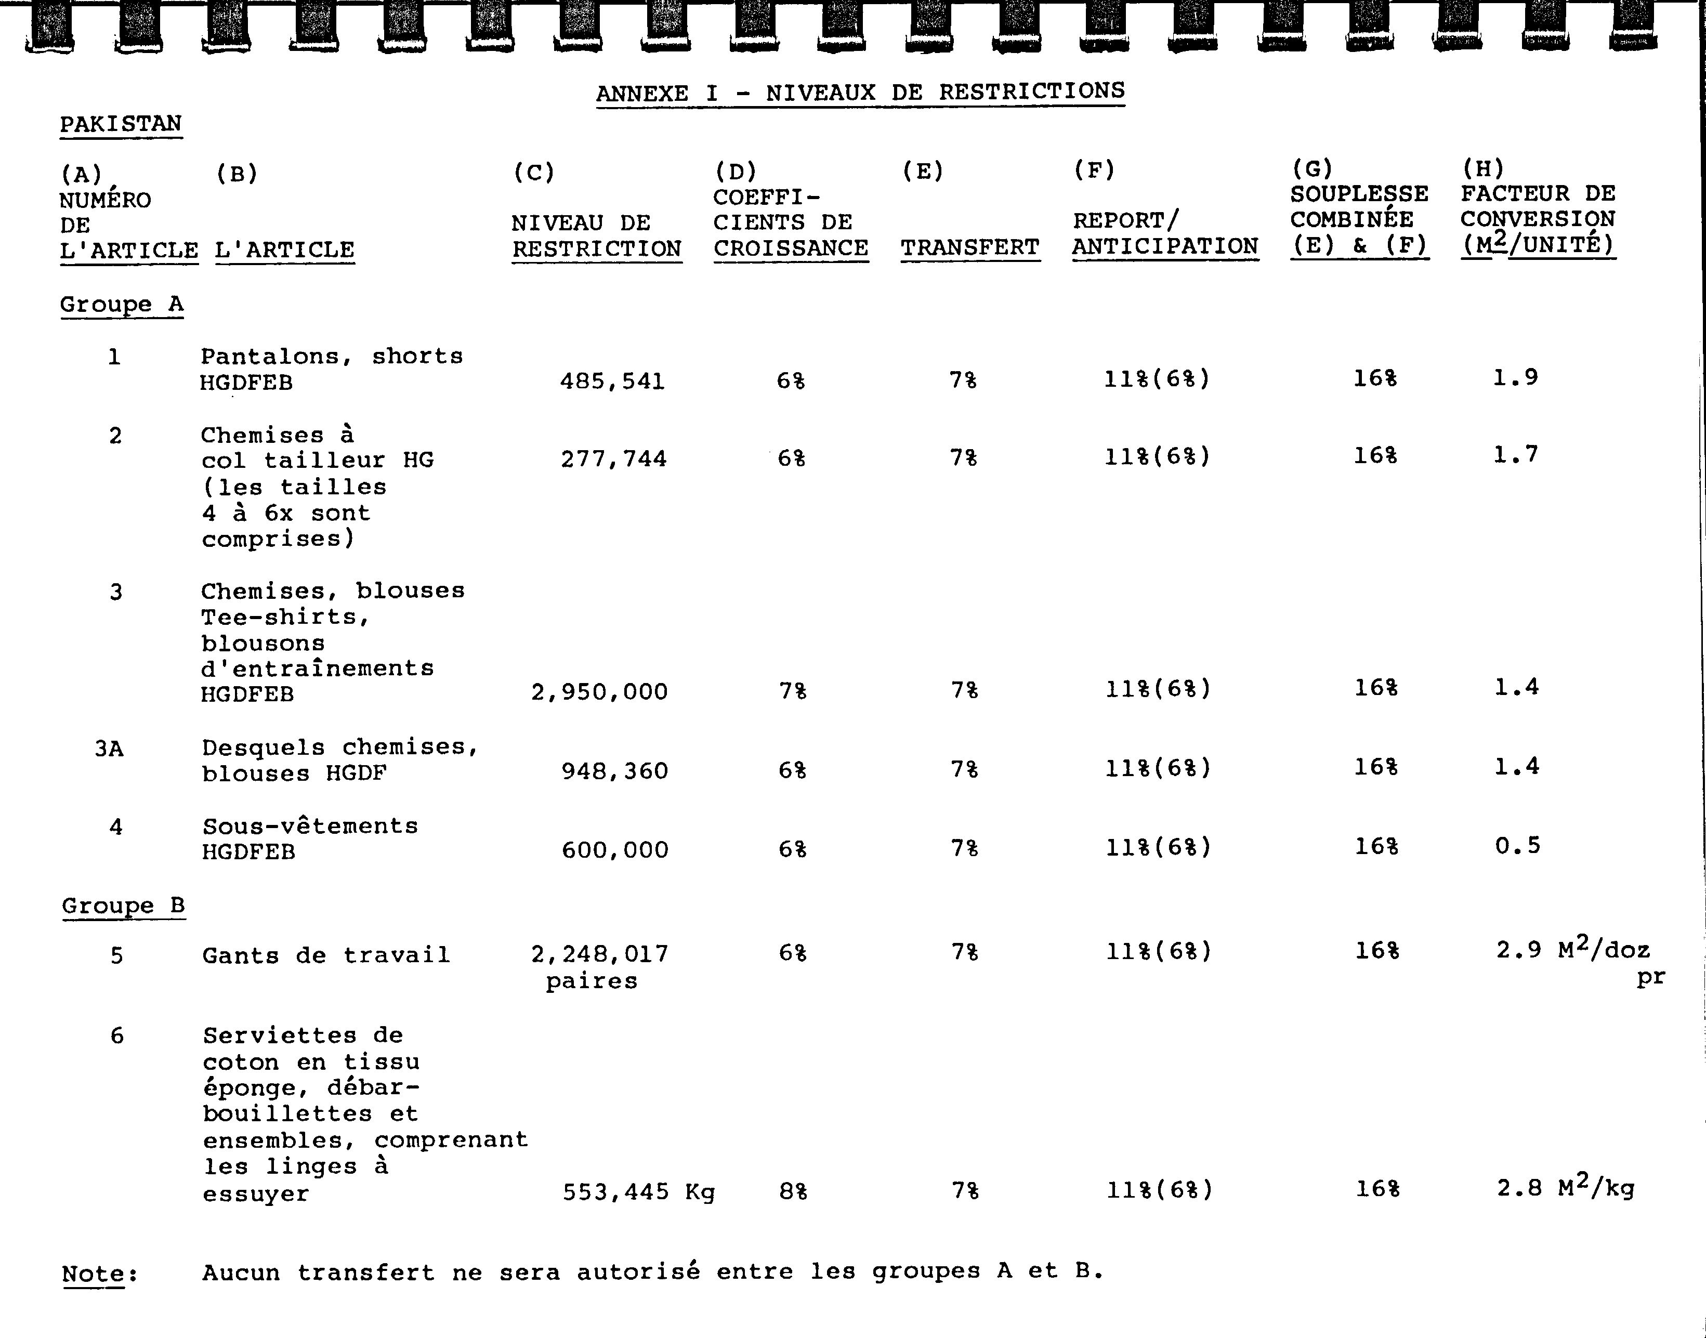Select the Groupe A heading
click(122, 304)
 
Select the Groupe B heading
click(123, 907)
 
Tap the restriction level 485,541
click(612, 382)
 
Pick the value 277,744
click(613, 459)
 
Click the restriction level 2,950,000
click(599, 692)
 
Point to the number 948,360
click(614, 771)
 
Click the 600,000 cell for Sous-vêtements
click(615, 850)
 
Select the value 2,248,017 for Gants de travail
click(599, 954)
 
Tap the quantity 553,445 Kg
click(638, 1192)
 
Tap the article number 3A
click(109, 750)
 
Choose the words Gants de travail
click(326, 956)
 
